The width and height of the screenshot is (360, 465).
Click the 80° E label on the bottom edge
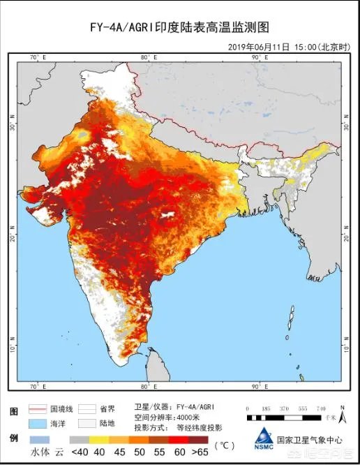point(148,385)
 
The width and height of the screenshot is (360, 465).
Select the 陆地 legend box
point(87,424)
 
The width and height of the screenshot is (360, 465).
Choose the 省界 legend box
point(87,409)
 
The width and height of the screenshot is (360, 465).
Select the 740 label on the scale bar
point(321,408)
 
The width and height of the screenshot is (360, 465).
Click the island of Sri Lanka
point(160,359)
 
